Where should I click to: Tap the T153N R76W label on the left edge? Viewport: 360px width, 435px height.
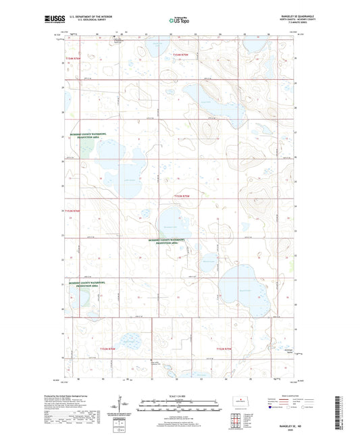(72, 211)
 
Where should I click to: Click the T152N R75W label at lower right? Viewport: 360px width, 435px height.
(224, 349)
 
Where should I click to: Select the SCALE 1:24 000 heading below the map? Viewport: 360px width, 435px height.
(180, 396)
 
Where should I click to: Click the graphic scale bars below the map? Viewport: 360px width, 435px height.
(180, 407)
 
